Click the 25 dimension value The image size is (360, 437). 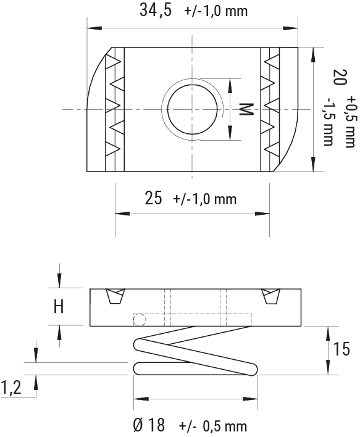click(x=153, y=198)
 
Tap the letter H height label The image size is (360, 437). click(x=58, y=307)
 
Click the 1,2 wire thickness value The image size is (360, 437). click(x=10, y=388)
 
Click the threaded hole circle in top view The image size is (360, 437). click(x=192, y=109)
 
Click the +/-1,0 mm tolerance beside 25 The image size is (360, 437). click(x=206, y=199)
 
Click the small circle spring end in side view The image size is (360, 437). click(x=140, y=318)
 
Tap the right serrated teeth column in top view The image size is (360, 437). click(x=269, y=109)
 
